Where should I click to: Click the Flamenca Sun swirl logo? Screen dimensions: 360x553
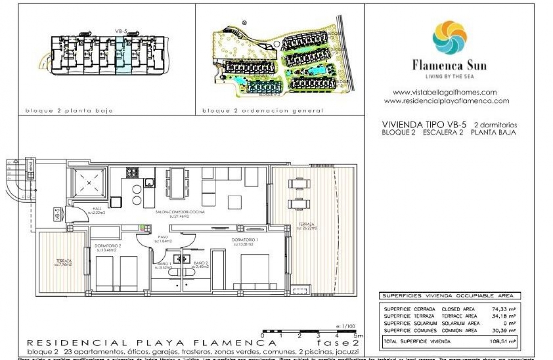point(449,38)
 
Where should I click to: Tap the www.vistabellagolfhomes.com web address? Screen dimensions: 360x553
point(445,92)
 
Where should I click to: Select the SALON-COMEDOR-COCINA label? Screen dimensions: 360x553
point(180,212)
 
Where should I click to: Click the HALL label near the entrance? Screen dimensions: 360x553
point(96,210)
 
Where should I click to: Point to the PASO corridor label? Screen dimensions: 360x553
point(163,237)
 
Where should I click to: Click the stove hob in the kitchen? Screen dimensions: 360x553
point(132,173)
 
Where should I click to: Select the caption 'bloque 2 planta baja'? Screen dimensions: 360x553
point(69,111)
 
